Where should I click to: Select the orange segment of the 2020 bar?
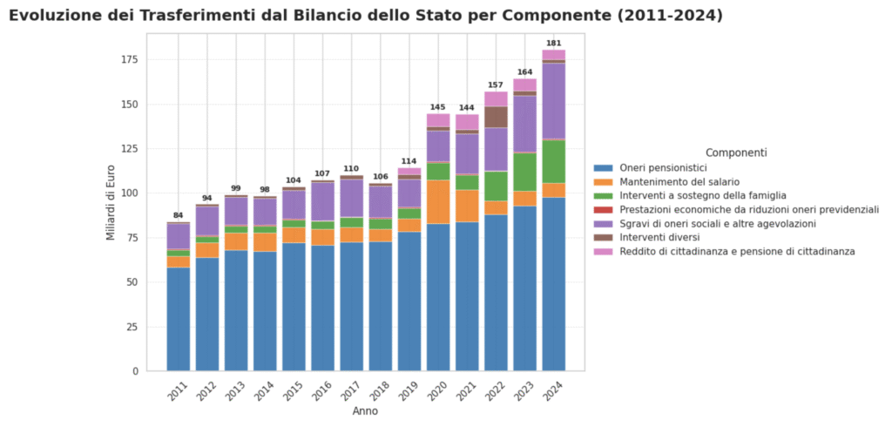coord(438,202)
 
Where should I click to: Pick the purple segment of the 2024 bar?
coord(553,101)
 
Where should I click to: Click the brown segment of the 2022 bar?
coord(496,117)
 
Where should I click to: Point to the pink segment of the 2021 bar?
coord(467,122)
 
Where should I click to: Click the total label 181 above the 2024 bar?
coord(553,43)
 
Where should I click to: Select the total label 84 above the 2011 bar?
coord(179,215)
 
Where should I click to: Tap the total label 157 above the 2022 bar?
coord(496,85)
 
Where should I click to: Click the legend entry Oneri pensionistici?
coord(663,167)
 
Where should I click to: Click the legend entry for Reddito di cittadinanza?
coord(737,251)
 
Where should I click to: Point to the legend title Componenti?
coord(736,152)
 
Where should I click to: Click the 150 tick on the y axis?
coord(129,105)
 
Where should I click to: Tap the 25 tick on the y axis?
coord(132,327)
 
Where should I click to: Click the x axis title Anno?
coord(365,411)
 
